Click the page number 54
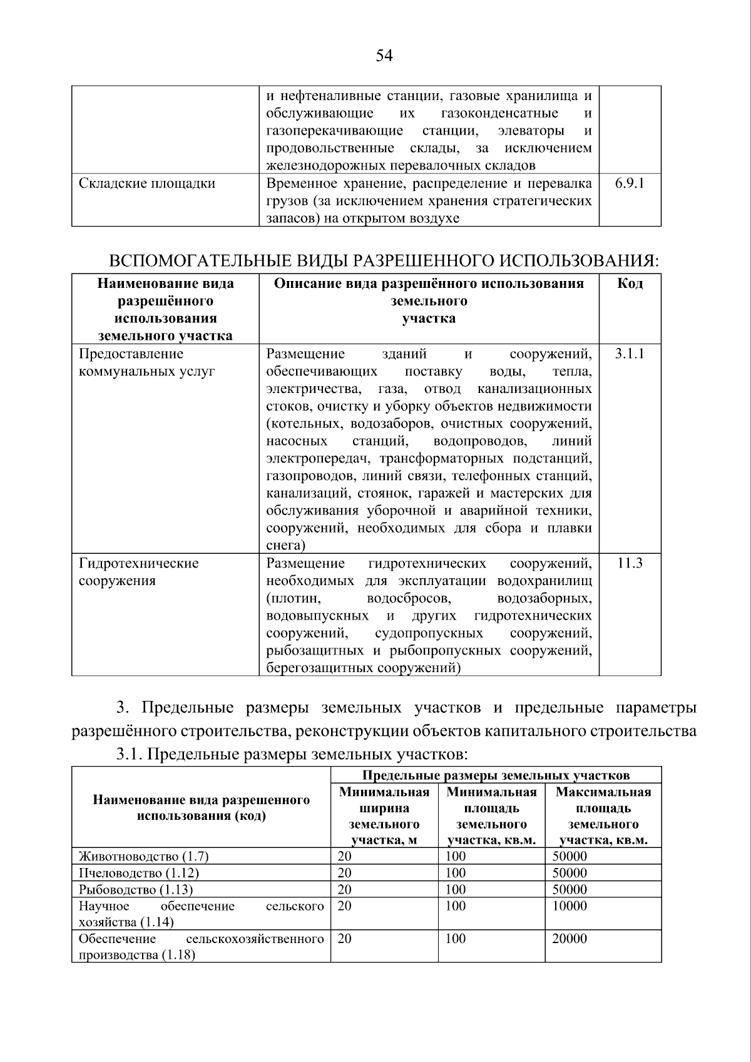384,56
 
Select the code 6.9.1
629,183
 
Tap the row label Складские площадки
147,183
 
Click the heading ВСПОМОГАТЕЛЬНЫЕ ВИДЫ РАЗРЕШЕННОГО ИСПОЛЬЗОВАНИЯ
384,260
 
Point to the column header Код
630,283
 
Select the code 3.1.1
629,354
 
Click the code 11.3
630,563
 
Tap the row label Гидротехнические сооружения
138,571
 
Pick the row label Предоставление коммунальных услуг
146,363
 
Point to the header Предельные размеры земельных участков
496,776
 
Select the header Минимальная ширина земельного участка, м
384,816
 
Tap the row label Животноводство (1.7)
143,857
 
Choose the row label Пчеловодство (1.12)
139,873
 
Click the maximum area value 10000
570,906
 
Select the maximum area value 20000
570,939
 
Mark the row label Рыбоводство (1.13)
136,889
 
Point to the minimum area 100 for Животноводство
456,857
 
